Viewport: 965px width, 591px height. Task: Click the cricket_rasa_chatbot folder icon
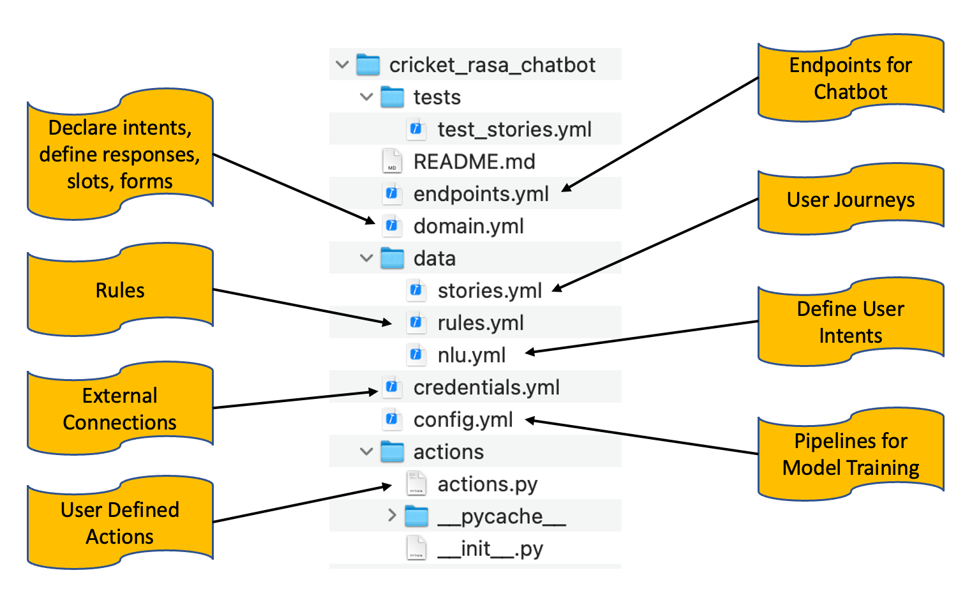coord(368,64)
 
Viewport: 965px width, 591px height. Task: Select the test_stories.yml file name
coord(514,130)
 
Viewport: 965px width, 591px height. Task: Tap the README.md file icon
coord(392,161)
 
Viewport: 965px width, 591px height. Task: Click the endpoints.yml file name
coord(481,194)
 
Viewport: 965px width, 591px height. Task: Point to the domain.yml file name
coord(468,227)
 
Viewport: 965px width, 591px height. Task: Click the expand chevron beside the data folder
coord(366,258)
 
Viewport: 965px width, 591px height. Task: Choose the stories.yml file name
coord(490,291)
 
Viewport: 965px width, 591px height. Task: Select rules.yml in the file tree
coord(481,323)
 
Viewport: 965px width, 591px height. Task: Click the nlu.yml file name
coord(472,355)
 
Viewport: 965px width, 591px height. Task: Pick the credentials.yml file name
coord(486,387)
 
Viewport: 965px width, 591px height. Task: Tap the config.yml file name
coord(463,420)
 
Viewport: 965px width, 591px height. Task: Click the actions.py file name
coord(488,484)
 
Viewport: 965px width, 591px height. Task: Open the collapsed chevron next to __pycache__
coord(392,516)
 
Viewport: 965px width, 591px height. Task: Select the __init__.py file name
coord(490,549)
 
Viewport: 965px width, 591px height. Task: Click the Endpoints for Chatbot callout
coord(850,79)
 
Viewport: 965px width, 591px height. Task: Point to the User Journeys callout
coord(850,200)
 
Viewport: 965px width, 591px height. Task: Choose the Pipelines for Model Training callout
coord(850,454)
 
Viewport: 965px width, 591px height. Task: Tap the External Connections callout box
coord(120,409)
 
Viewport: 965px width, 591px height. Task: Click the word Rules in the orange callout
coord(120,290)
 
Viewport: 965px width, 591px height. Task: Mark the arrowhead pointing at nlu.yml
coord(528,352)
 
